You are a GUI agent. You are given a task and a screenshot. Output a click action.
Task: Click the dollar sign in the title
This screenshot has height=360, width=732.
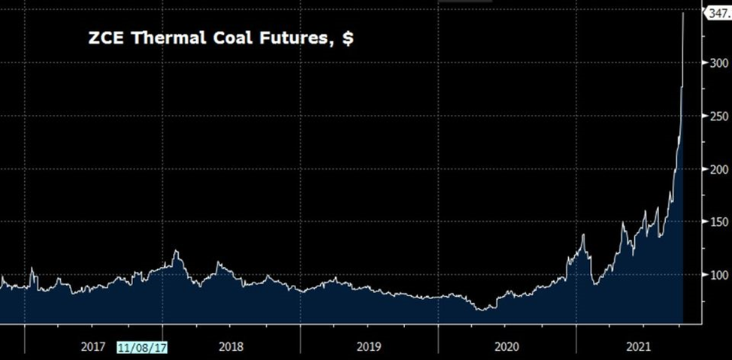click(347, 38)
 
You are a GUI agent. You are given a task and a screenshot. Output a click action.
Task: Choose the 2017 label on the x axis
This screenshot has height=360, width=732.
click(92, 346)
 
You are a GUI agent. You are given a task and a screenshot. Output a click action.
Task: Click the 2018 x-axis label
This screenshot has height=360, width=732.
click(231, 346)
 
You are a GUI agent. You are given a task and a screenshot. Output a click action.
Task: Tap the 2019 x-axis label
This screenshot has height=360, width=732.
click(368, 346)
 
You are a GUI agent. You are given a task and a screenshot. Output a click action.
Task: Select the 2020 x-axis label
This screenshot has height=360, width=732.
click(507, 346)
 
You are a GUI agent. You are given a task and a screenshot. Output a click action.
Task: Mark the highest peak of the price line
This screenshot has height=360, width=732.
click(682, 13)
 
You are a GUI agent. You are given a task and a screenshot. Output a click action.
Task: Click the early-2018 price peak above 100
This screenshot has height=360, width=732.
click(176, 251)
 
